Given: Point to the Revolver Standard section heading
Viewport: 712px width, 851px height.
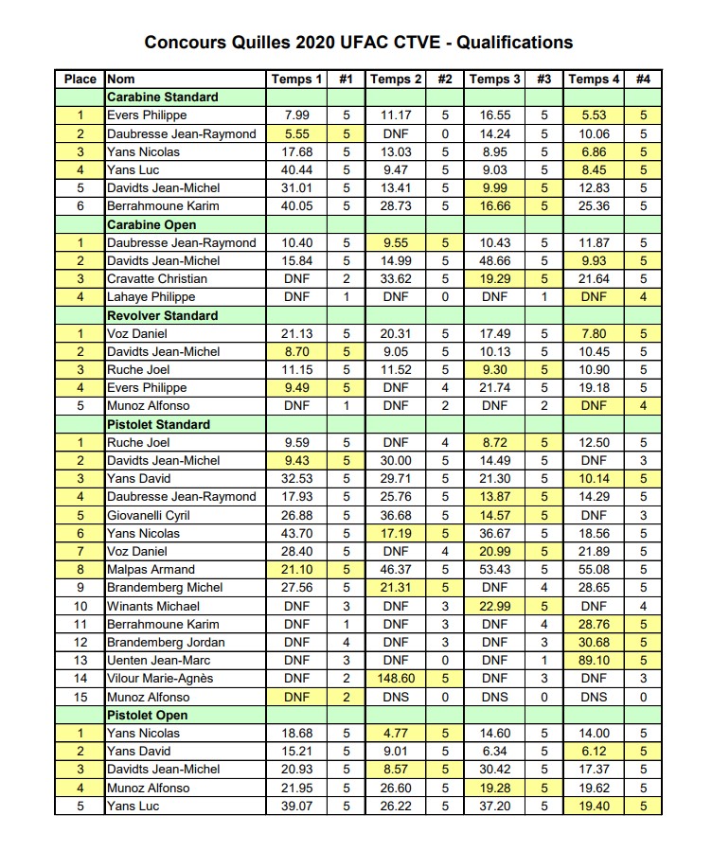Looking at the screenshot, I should (x=162, y=315).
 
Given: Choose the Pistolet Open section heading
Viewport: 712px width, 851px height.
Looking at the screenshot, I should (x=147, y=715).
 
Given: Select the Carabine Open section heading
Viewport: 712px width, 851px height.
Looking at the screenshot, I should (x=152, y=224).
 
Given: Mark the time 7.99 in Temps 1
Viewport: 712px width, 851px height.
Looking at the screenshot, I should (x=297, y=115).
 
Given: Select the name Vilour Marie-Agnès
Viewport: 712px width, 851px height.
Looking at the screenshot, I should (x=160, y=678).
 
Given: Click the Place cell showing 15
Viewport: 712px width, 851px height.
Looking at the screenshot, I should (x=80, y=697).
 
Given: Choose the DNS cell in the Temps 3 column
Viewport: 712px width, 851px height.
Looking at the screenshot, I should (x=494, y=697).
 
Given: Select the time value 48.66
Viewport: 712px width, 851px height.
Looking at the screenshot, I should (x=494, y=261).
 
